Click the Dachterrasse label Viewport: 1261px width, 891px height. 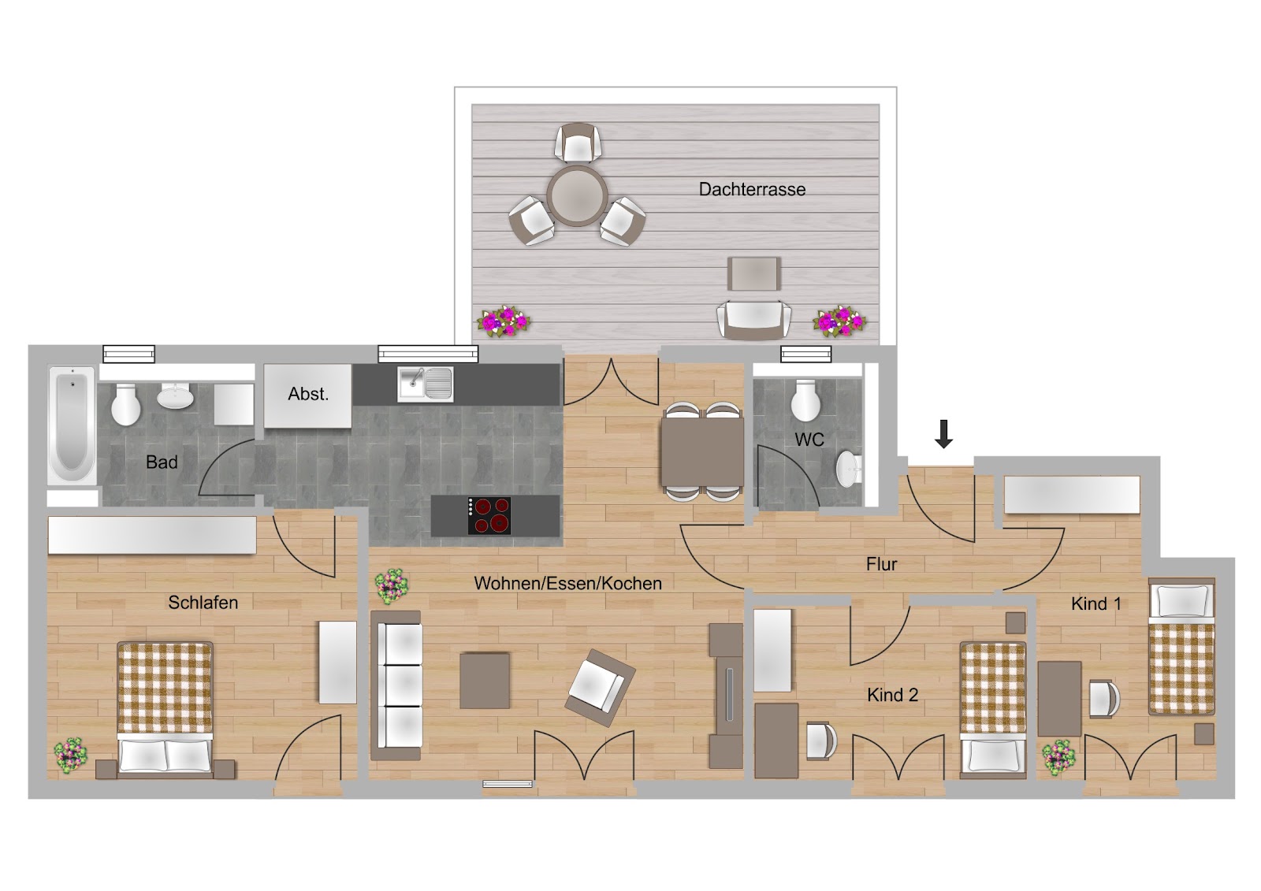752,189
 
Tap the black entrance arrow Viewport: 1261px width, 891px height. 943,433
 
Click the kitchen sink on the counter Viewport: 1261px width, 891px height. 425,384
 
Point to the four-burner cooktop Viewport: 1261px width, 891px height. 489,515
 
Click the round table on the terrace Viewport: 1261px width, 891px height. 577,196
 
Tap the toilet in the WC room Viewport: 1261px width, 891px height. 805,400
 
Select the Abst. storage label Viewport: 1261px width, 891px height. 308,394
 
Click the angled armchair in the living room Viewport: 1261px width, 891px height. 600,687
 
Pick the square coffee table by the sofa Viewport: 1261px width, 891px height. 485,680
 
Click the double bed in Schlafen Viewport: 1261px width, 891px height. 165,709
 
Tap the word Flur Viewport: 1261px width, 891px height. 882,564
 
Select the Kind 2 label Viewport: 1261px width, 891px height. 892,695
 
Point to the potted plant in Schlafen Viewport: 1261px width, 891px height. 70,756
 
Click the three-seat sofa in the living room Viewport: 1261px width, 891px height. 396,685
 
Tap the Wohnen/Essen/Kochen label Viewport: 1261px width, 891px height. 568,583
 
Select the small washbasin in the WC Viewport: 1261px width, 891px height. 848,468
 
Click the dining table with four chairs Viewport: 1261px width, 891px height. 702,451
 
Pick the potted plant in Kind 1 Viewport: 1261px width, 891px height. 1059,758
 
